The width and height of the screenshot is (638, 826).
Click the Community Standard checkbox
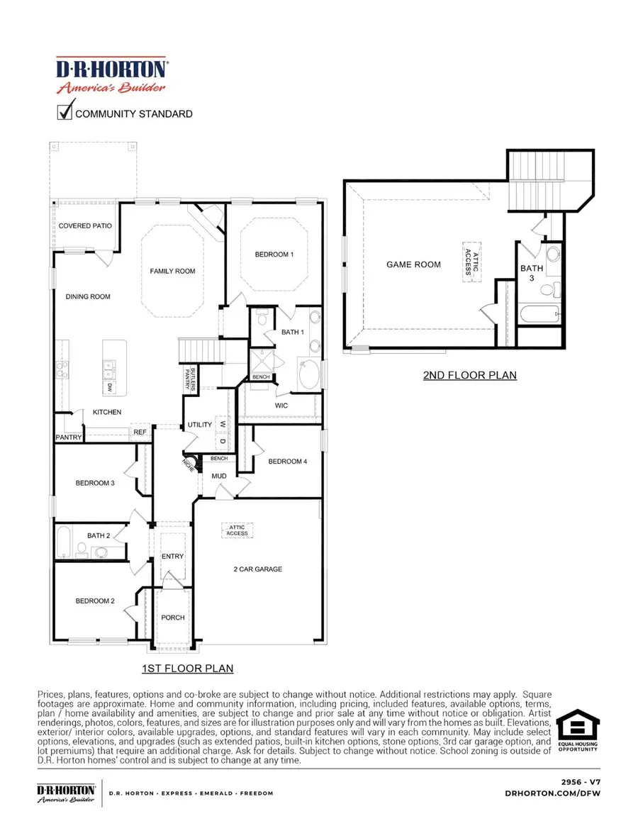point(65,112)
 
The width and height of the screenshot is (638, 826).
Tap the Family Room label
point(172,271)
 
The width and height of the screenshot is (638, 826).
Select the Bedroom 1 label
point(274,255)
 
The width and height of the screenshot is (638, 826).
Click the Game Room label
point(413,264)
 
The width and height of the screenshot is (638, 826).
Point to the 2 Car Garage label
point(257,569)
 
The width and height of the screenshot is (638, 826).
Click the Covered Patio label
point(84,226)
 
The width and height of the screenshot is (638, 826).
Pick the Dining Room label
point(88,296)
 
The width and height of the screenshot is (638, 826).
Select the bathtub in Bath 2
point(62,542)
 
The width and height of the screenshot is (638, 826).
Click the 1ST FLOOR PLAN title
point(187,668)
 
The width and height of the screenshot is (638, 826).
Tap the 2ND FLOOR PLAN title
point(469,375)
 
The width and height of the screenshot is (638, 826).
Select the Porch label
point(172,618)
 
